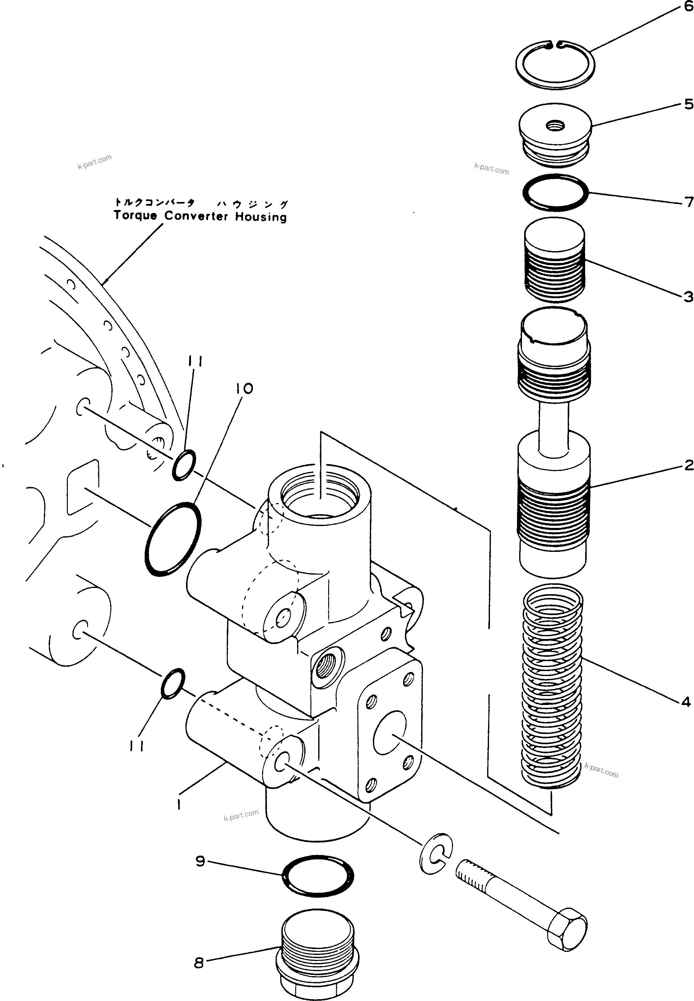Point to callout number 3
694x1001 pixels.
688,297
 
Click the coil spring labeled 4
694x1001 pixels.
552,687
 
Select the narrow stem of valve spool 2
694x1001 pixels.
553,429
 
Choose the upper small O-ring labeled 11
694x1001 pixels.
184,465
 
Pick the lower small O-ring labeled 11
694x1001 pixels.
173,684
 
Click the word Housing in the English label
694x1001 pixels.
261,217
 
